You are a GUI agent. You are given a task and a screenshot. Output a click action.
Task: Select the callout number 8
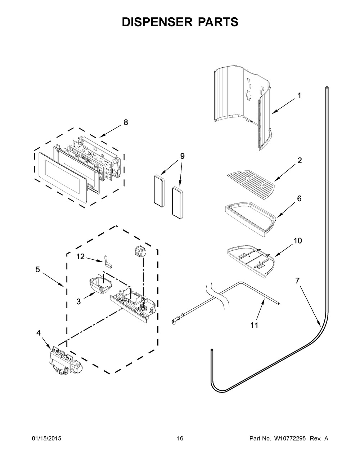coord(126,122)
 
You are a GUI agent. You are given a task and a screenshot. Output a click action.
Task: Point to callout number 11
coord(254,325)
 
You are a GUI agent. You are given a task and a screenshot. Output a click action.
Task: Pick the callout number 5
coord(38,269)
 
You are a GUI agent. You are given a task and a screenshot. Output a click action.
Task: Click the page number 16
coord(180,439)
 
